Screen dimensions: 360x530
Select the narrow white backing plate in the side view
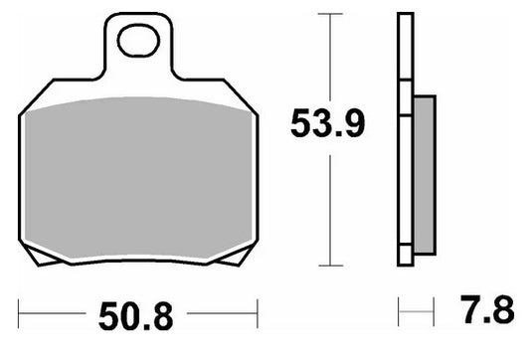point(404,139)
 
